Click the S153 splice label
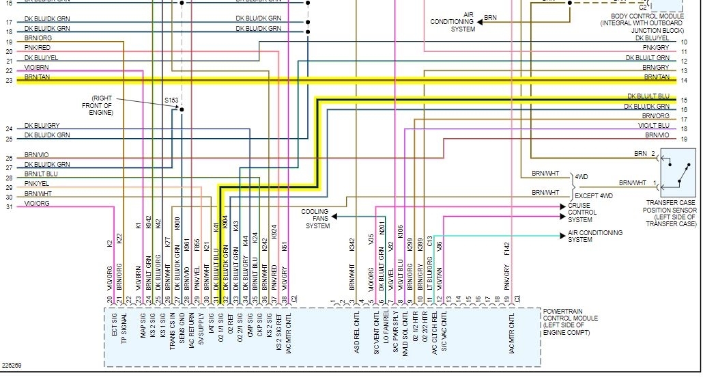(171, 100)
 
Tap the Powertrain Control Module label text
(570, 318)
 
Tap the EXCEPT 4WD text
(594, 196)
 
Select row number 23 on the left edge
(9, 80)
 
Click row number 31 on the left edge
(9, 206)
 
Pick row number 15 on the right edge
(683, 100)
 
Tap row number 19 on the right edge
(683, 139)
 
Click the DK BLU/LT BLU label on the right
(648, 96)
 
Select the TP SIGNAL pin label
(124, 329)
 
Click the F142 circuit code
(508, 249)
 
